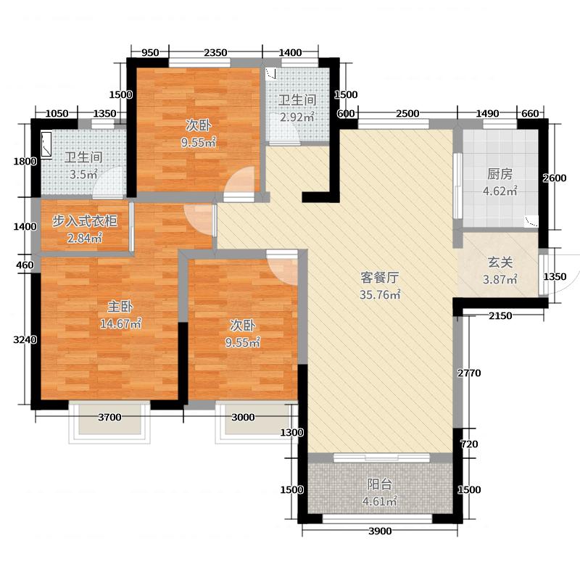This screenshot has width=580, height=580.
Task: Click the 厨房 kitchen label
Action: pyautogui.click(x=500, y=174)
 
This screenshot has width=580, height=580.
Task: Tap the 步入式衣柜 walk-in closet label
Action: pyautogui.click(x=84, y=222)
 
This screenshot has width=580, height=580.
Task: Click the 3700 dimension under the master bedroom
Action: pyautogui.click(x=109, y=417)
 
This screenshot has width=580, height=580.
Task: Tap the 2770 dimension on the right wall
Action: pyautogui.click(x=469, y=373)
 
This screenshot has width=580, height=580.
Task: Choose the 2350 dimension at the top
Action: pyautogui.click(x=215, y=52)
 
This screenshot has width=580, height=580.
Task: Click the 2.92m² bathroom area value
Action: pyautogui.click(x=298, y=117)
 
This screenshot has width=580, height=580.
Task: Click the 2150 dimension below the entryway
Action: pyautogui.click(x=500, y=315)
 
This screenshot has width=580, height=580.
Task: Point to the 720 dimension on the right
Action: pyautogui.click(x=470, y=444)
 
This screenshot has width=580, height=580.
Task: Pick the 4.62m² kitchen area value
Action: pyautogui.click(x=500, y=191)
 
